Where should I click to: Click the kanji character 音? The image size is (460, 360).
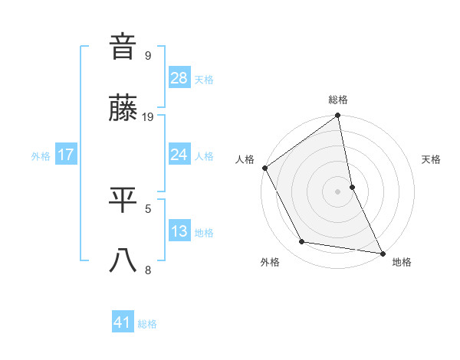point(123,47)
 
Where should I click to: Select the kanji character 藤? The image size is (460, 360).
point(123,109)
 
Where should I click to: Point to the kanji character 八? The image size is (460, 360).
point(123,261)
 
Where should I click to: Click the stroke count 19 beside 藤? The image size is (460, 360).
point(148,116)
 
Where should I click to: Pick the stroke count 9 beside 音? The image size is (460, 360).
point(148,55)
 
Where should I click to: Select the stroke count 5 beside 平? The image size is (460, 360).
point(148,207)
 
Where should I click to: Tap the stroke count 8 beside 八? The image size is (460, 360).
point(148,269)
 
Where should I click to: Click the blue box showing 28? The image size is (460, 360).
point(179,78)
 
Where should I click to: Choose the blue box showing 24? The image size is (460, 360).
point(179,155)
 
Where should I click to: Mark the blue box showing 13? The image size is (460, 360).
point(179,231)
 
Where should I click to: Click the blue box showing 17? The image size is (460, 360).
point(66,155)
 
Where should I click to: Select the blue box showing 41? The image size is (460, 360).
point(123,322)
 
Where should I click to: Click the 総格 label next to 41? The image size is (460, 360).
point(147,324)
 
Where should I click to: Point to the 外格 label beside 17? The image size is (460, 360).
point(41,156)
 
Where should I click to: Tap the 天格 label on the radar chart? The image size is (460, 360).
point(431,159)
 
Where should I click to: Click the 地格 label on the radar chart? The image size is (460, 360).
point(402,262)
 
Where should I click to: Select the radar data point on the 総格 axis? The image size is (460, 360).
point(338,116)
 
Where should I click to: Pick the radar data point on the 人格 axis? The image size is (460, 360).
point(264,168)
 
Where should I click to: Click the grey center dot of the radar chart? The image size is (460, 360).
point(338,191)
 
